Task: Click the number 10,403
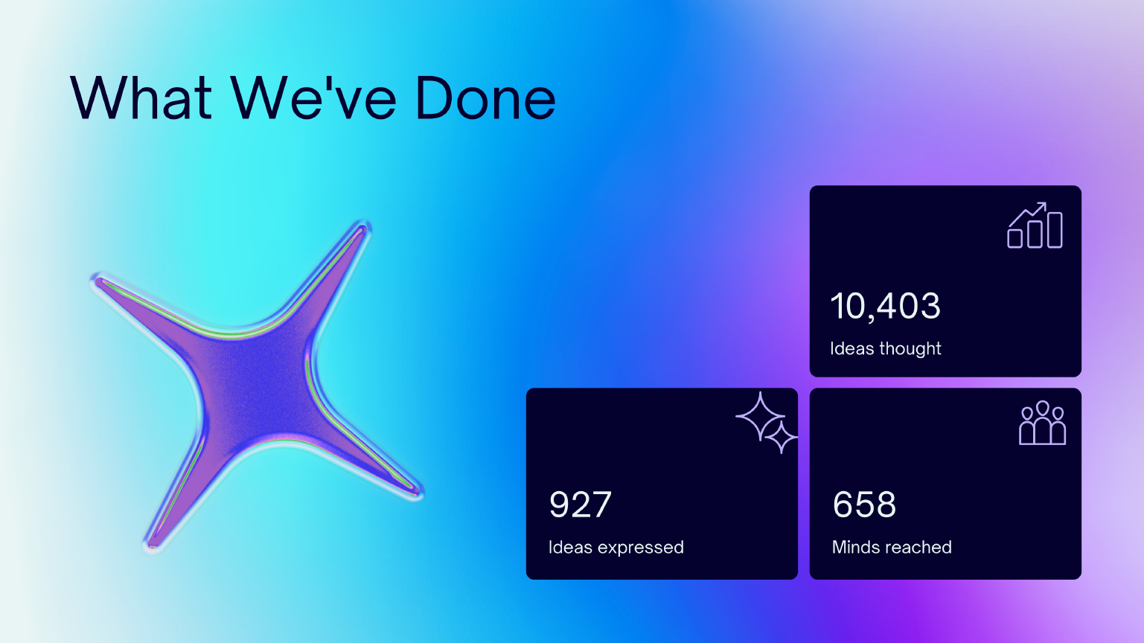click(885, 307)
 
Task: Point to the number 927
click(580, 505)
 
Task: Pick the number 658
click(864, 505)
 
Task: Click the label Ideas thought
click(885, 349)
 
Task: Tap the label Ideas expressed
click(616, 548)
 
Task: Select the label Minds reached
click(892, 548)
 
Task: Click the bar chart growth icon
click(1035, 225)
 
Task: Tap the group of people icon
click(1042, 423)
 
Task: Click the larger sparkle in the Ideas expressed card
click(761, 416)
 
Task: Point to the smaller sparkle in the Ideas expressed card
click(782, 437)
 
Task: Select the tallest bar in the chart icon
click(1055, 230)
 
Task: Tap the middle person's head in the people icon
click(1042, 408)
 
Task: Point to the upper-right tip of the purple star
click(365, 225)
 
